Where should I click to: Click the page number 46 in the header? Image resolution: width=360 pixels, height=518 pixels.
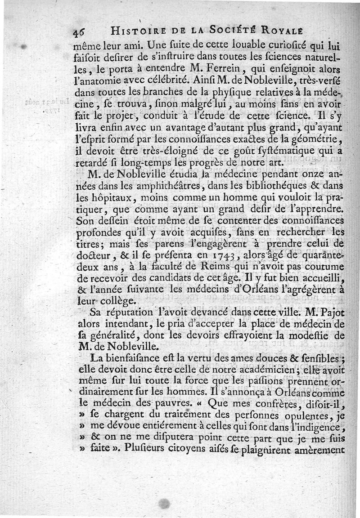(79, 31)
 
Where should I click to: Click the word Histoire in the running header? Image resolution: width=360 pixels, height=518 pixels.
(129, 31)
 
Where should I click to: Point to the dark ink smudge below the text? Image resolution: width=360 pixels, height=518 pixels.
(165, 504)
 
